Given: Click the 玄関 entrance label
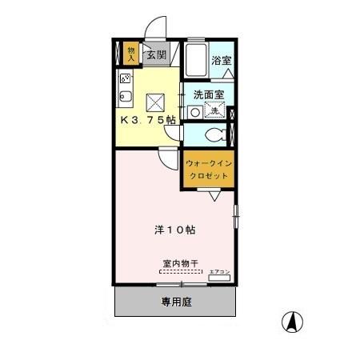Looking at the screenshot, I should (x=156, y=55).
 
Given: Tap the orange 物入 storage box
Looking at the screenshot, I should (x=131, y=54).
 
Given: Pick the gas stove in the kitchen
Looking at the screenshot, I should (x=126, y=78).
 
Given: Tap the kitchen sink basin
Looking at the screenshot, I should (x=126, y=100).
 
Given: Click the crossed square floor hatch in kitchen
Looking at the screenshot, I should (x=154, y=102).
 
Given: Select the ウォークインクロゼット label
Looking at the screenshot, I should (x=207, y=169).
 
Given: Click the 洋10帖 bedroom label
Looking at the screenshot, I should (x=175, y=230).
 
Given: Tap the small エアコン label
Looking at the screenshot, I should (x=219, y=272).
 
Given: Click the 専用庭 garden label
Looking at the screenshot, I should (x=176, y=302).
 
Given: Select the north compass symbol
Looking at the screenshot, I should (x=293, y=322).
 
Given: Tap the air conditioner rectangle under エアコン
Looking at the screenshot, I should (x=219, y=279).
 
